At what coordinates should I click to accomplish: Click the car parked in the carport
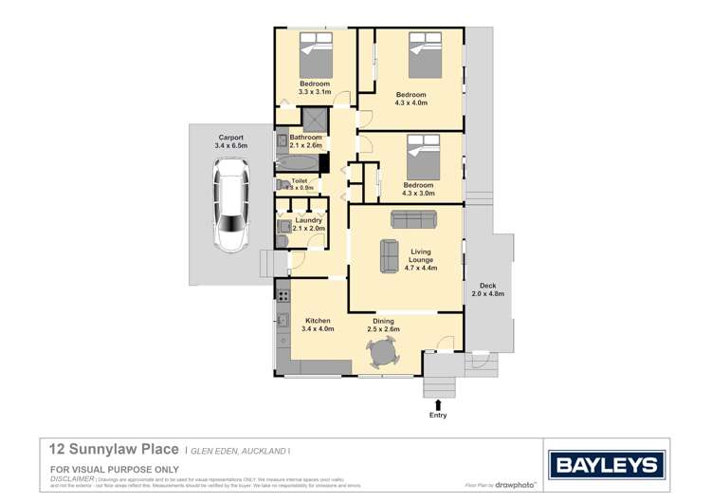click(x=230, y=207)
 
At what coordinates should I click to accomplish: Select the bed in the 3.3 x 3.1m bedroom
click(x=315, y=59)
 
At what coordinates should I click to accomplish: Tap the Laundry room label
click(x=309, y=220)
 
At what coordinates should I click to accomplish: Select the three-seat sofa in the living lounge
click(x=414, y=218)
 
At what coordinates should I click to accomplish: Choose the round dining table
click(x=384, y=354)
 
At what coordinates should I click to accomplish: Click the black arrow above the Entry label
click(x=438, y=405)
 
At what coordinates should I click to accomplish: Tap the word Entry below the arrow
click(x=438, y=416)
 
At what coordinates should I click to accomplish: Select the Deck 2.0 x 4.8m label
click(x=488, y=289)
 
